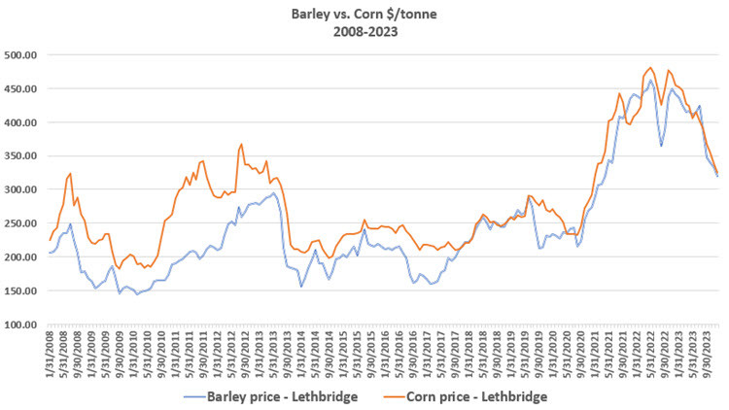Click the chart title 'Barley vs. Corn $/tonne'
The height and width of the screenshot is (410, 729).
click(x=364, y=14)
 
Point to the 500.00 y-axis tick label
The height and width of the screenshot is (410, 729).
click(x=22, y=55)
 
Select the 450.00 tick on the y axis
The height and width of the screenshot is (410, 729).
click(x=22, y=88)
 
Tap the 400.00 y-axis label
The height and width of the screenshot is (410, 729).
click(x=22, y=122)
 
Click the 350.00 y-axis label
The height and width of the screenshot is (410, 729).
click(x=22, y=156)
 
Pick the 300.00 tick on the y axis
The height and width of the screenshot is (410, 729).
click(x=22, y=189)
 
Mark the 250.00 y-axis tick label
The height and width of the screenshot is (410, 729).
click(x=22, y=223)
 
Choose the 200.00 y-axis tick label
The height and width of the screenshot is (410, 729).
click(x=22, y=257)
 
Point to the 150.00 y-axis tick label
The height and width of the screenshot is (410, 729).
click(x=22, y=290)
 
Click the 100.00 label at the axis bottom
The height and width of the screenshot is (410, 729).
click(x=22, y=325)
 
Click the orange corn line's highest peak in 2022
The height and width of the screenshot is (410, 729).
click(x=648, y=68)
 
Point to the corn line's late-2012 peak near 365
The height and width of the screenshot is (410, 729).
click(x=241, y=144)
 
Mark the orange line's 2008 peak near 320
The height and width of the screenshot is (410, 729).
click(x=70, y=174)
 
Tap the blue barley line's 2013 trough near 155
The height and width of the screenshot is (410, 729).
click(x=301, y=287)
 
